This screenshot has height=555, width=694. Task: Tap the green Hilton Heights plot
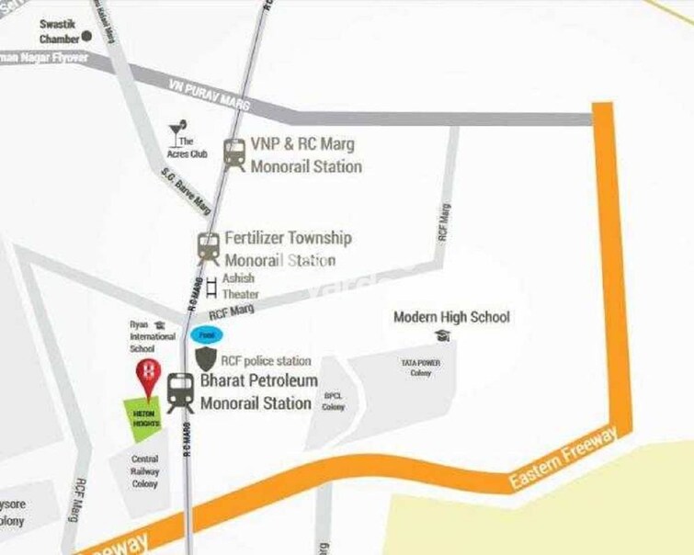[144, 416]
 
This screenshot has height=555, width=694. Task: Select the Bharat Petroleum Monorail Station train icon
[180, 392]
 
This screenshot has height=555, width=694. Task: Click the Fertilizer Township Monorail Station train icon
[209, 246]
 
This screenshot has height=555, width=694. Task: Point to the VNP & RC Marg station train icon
[234, 153]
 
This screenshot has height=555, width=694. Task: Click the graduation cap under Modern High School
[445, 336]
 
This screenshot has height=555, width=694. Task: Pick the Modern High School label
[450, 317]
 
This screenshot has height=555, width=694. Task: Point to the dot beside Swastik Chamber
[87, 37]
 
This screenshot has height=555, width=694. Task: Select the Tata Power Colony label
[421, 368]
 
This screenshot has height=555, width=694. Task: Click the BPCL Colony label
[333, 402]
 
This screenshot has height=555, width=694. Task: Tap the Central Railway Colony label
[144, 470]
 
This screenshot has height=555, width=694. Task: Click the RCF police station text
[267, 361]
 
